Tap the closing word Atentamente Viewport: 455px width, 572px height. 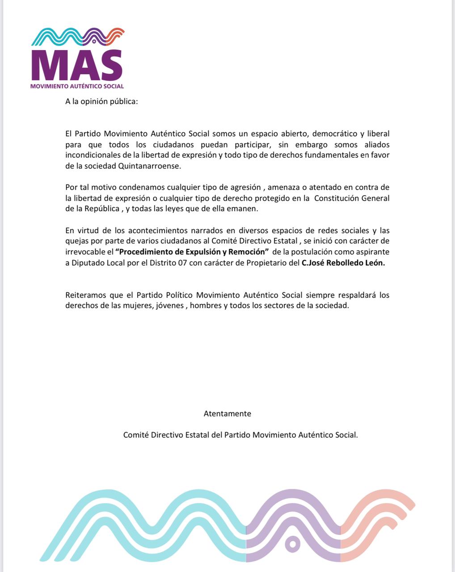[x=227, y=414]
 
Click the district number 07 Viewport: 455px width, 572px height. [x=182, y=263]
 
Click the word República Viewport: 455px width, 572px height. [x=101, y=209]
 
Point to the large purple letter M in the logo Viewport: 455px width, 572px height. [x=49, y=66]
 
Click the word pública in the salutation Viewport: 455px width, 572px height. [x=124, y=101]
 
